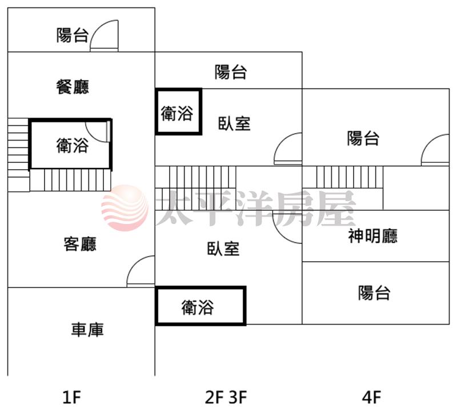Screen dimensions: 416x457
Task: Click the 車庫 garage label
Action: pos(87,330)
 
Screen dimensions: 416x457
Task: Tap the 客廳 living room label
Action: pos(80,244)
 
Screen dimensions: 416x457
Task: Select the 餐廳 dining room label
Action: pos(73,87)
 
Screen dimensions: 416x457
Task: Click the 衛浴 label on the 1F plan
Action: pos(72,146)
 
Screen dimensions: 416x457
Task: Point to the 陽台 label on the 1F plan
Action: pos(73,36)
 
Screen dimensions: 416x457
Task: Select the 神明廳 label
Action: pos(372,236)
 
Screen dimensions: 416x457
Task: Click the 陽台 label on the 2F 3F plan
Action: pos(231,72)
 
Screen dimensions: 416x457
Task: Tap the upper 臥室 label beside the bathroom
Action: pos(235,123)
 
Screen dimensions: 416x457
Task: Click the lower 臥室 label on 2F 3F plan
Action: pos(223,249)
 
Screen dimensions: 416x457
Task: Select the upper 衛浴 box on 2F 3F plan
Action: pos(178,112)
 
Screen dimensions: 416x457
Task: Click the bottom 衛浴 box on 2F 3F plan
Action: pos(200,307)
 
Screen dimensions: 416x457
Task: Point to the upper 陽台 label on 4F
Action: pos(363,138)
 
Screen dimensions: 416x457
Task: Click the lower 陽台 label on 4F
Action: pos(374,293)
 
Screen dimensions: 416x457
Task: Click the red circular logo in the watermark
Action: pos(123,208)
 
